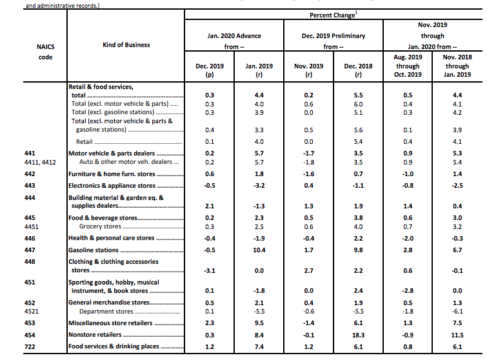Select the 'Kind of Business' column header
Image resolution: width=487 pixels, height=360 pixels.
point(126,45)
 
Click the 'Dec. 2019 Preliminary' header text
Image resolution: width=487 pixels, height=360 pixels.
point(332,36)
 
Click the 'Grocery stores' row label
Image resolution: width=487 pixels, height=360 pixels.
point(100,226)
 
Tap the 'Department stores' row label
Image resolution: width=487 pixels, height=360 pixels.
point(106,312)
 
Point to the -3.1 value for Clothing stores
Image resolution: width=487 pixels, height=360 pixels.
point(209,270)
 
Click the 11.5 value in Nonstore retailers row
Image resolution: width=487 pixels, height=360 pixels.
point(457,335)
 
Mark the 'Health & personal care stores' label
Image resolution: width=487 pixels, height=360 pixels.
point(112,238)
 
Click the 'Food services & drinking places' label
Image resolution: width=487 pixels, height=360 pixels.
point(112,346)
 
